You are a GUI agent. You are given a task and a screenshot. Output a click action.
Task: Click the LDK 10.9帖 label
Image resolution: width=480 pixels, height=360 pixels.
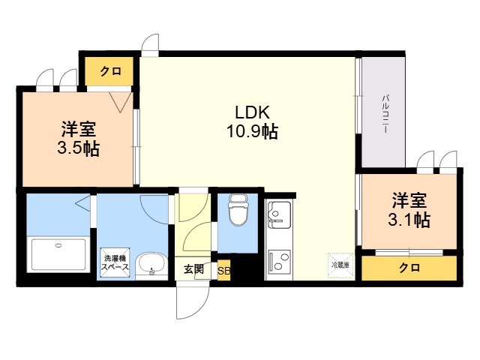pos(252,121)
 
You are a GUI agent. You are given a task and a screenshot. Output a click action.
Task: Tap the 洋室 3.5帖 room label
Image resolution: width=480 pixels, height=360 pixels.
pos(78,139)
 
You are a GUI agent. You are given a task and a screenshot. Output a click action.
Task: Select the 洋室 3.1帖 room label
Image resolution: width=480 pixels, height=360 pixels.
pos(409,210)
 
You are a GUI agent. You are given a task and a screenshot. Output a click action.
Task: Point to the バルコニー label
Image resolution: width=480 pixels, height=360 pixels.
pos(385,113)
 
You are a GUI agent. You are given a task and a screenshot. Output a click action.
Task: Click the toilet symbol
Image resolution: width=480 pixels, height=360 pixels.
pos(238,210)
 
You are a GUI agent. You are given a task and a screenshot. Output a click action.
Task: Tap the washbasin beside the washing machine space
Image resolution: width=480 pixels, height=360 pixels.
pos(151,265)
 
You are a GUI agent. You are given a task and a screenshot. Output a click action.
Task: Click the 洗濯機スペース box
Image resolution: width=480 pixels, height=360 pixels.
pos(115,262)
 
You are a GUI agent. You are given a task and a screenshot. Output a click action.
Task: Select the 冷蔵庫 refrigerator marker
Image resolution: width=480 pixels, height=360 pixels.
pos(340,265)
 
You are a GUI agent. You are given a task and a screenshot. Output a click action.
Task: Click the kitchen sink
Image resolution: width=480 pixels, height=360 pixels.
pos(278,215)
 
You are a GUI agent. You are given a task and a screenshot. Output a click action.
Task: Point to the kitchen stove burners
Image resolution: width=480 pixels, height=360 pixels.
pos(278,260)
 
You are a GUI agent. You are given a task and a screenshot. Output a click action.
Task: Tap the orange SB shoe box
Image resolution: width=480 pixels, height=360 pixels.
pos(223,270)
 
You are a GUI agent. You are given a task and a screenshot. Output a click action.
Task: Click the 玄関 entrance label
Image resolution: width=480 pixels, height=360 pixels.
pos(193,269)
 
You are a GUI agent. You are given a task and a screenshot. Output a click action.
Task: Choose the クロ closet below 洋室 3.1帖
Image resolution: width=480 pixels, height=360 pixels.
pos(409,268)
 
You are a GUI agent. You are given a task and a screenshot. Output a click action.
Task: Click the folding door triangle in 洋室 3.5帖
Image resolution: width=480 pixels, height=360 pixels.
pos(121,102)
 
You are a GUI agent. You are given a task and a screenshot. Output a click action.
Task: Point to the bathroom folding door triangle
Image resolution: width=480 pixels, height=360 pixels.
pos(83,202)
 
